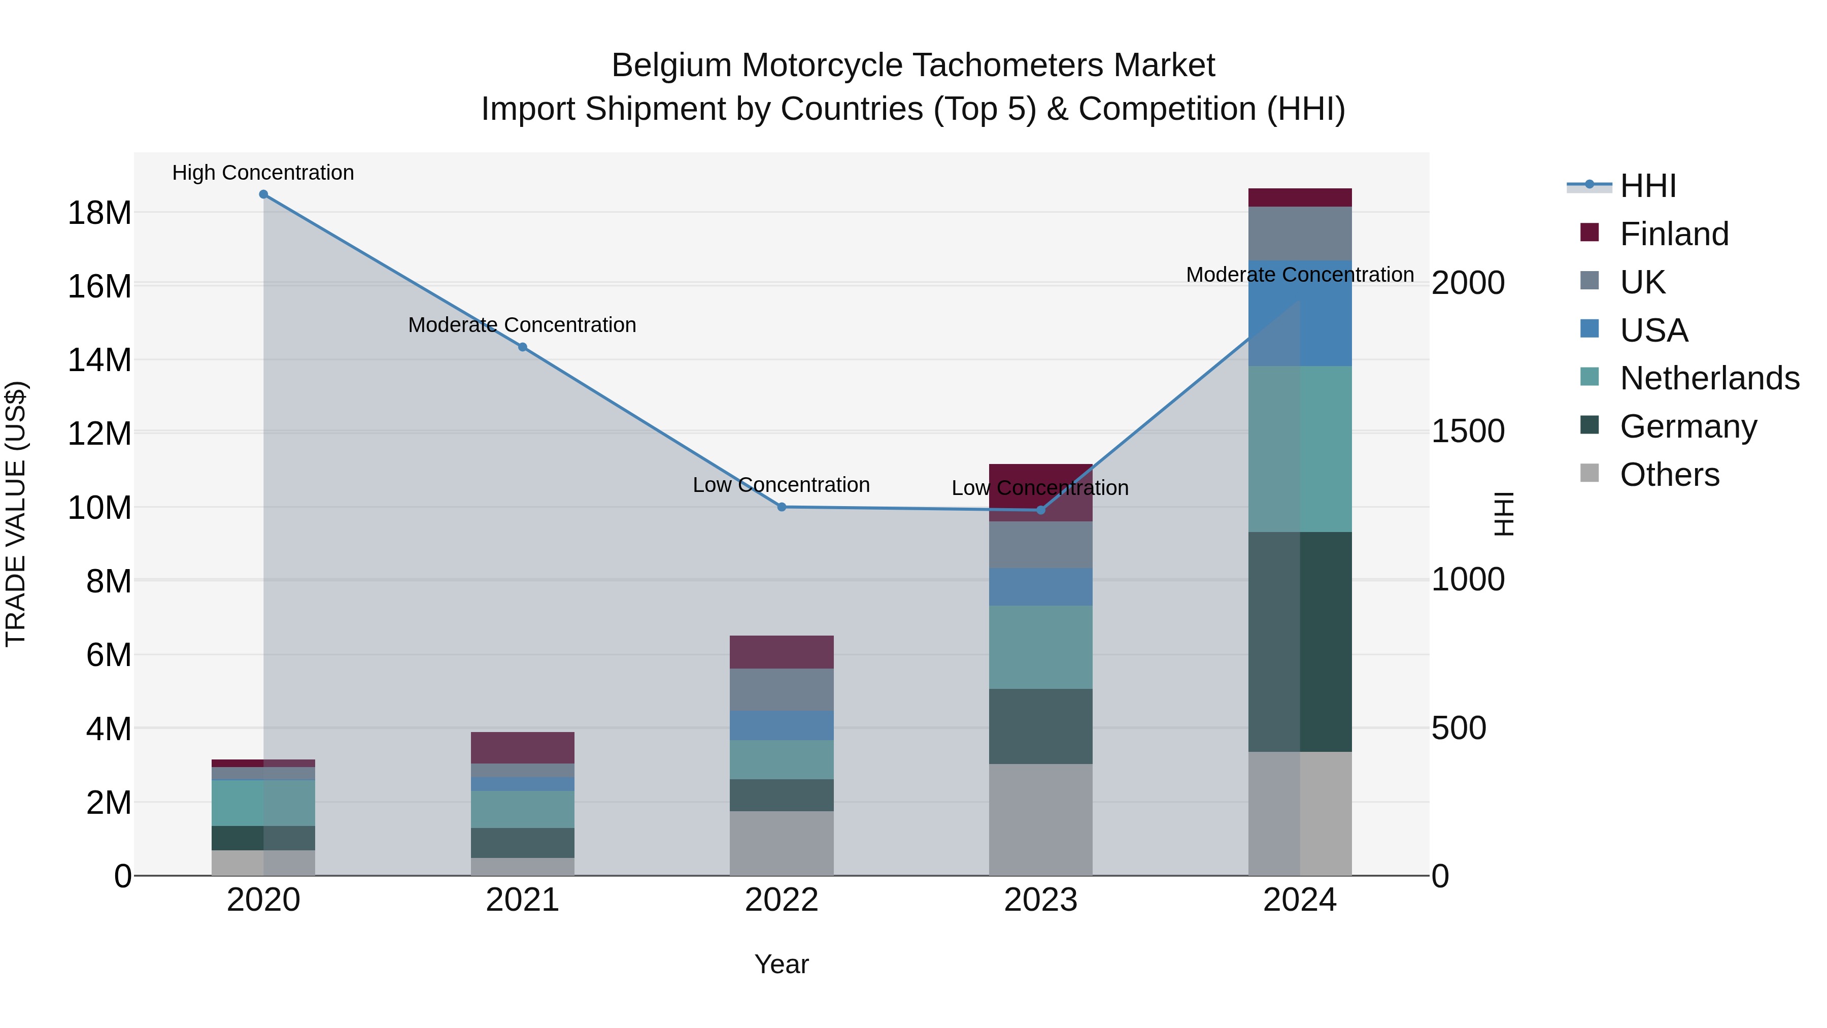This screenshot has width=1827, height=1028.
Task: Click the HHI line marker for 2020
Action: [x=263, y=194]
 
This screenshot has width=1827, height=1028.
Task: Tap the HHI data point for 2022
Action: [x=782, y=507]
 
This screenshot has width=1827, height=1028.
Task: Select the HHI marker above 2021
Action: [x=523, y=347]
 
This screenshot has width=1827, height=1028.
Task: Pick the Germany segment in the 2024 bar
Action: [x=1300, y=642]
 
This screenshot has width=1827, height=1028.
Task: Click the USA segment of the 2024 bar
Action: [x=1300, y=314]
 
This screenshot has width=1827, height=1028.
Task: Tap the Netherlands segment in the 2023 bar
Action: [x=1040, y=647]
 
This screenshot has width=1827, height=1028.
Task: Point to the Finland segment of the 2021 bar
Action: [x=523, y=748]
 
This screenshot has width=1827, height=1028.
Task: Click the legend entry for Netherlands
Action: [x=1709, y=378]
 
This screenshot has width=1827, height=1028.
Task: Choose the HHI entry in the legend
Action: [x=1647, y=186]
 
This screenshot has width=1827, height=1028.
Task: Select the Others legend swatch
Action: [x=1589, y=473]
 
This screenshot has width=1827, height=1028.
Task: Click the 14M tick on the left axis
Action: [x=99, y=360]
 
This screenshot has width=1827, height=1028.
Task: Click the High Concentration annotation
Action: [x=263, y=173]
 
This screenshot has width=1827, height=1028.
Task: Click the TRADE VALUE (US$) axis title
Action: [x=16, y=514]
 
